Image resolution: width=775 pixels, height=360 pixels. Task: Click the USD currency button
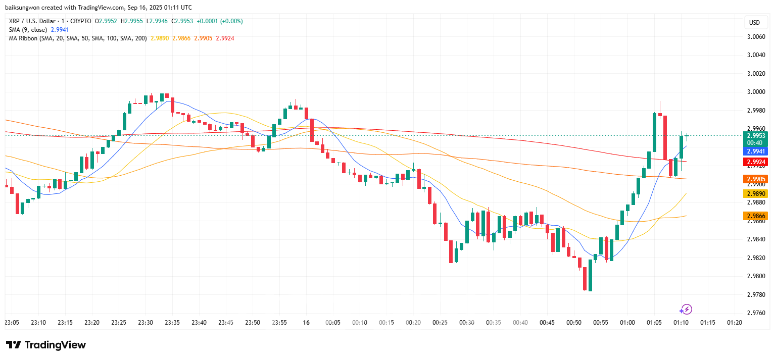point(754,23)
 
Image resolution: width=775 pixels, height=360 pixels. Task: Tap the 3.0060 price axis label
point(756,37)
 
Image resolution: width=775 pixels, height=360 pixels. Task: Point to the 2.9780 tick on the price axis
point(756,294)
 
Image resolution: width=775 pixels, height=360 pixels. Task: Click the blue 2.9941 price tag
point(756,151)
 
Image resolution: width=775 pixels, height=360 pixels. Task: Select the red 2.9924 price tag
point(756,162)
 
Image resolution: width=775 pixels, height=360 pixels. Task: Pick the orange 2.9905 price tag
point(756,179)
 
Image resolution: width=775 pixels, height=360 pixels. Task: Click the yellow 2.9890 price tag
point(756,194)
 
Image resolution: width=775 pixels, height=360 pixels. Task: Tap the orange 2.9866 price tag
point(756,216)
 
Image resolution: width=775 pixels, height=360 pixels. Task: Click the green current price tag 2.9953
point(756,136)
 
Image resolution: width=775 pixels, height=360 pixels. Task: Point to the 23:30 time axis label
point(146,323)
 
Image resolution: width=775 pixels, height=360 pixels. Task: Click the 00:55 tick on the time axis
point(601,323)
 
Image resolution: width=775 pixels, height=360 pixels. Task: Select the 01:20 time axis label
point(734,323)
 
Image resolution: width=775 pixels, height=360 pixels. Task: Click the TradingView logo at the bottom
point(46,345)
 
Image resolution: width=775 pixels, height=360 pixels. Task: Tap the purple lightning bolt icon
point(686,309)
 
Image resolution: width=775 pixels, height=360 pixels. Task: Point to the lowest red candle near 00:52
point(585,279)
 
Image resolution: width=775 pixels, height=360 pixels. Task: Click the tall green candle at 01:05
point(654,132)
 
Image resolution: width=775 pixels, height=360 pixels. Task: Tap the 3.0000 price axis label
point(756,92)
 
